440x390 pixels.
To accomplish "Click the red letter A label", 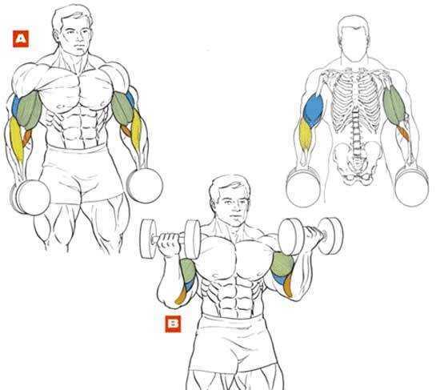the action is [21, 38].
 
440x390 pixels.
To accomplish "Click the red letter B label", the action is [173, 324].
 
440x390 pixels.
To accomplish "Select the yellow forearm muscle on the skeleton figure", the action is [305, 135].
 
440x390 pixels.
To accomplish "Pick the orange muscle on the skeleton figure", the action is [403, 132].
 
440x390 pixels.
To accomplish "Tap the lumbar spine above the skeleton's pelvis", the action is [356, 128].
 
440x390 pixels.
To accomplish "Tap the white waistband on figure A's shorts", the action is [76, 148].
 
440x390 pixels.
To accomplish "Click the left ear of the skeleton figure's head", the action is [339, 37].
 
